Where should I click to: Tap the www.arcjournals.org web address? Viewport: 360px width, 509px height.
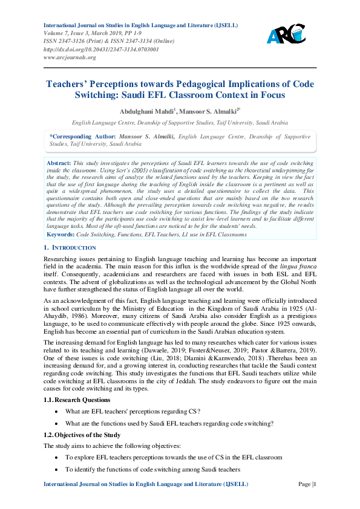[70, 57]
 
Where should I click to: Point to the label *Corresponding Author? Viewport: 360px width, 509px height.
[83, 137]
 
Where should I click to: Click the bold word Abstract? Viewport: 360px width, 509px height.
[59, 163]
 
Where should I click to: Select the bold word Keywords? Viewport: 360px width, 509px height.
[61, 233]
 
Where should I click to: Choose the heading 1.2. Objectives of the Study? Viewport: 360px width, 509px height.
[82, 435]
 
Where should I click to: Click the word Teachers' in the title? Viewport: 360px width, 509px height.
[70, 84]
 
